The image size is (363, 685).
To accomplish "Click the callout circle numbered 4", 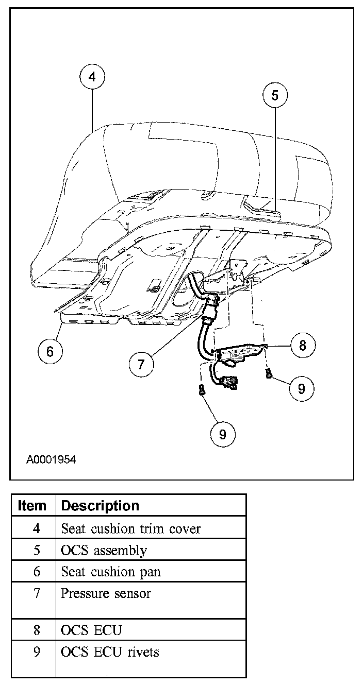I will (x=92, y=77).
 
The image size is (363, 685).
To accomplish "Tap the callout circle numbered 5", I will (x=274, y=95).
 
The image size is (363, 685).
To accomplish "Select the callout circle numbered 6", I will (x=50, y=351).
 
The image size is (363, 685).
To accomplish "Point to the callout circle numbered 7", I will (x=141, y=364).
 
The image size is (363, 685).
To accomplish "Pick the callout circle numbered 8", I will (x=302, y=345).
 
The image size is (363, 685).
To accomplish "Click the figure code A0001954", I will (x=51, y=459).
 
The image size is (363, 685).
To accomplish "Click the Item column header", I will (x=32, y=506).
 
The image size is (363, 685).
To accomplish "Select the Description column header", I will (x=100, y=506).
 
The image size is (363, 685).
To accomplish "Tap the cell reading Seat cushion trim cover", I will (x=130, y=528).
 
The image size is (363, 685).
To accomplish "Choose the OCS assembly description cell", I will (x=104, y=550).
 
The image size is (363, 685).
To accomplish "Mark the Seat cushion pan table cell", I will (x=111, y=572).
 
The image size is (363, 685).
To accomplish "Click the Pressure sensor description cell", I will (x=106, y=593).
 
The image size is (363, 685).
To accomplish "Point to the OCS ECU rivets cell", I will (x=110, y=652).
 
